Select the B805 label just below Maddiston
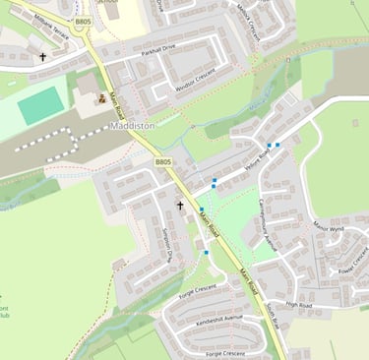tap(163, 161)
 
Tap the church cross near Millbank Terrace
tap(42, 57)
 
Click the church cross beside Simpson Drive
tap(179, 206)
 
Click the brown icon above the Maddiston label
tap(100, 99)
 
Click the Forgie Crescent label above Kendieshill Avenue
tap(198, 288)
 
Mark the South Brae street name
tap(273, 316)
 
